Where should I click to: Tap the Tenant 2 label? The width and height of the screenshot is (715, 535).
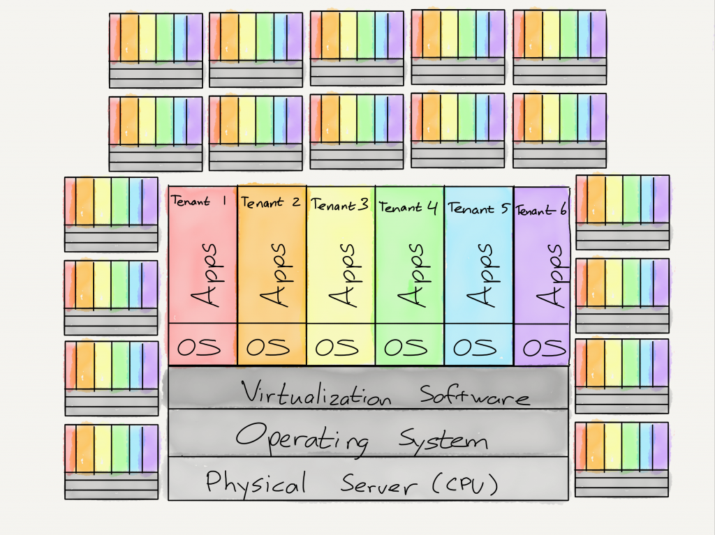(x=270, y=202)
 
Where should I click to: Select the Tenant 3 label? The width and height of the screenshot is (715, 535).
(x=340, y=204)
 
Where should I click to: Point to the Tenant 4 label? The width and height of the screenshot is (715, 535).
(x=409, y=206)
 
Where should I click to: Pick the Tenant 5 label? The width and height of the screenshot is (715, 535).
(x=478, y=208)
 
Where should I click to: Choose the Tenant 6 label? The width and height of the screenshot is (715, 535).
(x=541, y=210)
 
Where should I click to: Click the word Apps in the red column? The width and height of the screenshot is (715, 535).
(x=204, y=275)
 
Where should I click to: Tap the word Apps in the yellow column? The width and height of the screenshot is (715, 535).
(x=342, y=275)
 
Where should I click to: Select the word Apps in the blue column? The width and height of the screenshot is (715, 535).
(x=479, y=275)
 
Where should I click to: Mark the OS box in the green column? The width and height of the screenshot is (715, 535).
(x=409, y=346)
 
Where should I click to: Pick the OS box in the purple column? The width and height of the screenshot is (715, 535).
(x=542, y=347)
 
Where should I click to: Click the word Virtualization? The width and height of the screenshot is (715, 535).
(x=316, y=393)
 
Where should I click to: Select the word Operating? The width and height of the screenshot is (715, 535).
(x=302, y=438)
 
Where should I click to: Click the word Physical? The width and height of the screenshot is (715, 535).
(x=256, y=482)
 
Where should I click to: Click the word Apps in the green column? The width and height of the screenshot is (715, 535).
(x=411, y=275)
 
